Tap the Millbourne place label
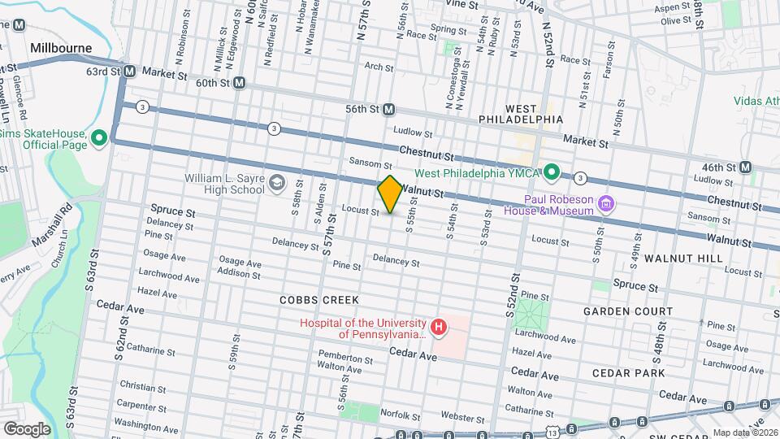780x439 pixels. tap(61, 48)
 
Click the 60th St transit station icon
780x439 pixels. tap(239, 83)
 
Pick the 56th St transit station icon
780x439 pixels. tap(389, 109)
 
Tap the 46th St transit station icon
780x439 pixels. tap(746, 167)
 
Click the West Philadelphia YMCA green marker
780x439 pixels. tap(552, 172)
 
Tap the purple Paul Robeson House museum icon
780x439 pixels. tap(605, 202)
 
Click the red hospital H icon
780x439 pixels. tap(439, 328)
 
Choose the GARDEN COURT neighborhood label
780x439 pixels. tap(628, 311)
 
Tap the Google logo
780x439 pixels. tap(26, 428)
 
